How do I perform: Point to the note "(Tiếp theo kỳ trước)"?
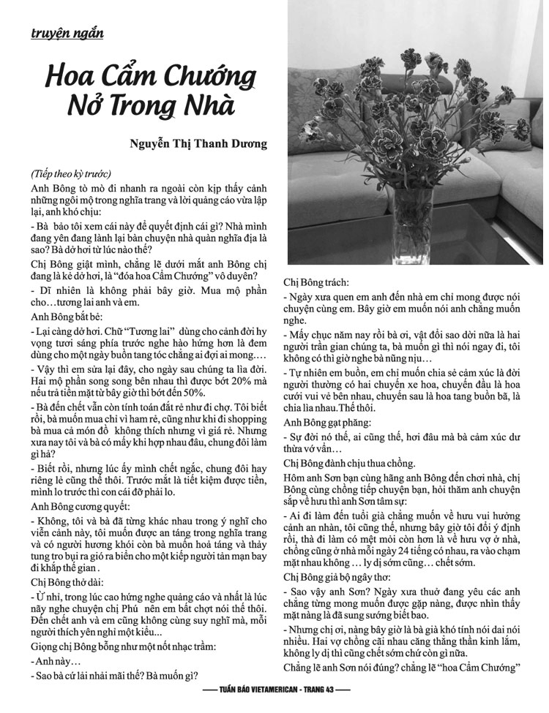tap(70, 175)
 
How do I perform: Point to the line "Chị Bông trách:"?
tap(316, 282)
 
